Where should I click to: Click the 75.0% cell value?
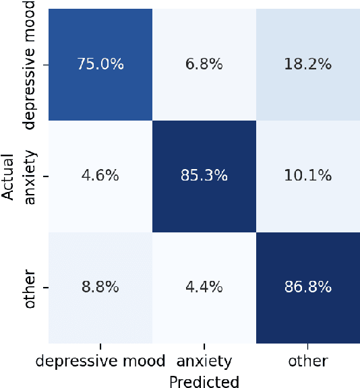point(100,65)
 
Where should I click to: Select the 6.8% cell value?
point(204,65)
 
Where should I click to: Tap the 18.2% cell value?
point(307,65)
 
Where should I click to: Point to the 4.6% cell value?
point(100,176)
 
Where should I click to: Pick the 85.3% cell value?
point(204,176)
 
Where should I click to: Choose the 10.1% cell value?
point(307,176)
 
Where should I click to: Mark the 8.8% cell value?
point(100,287)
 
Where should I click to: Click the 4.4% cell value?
point(204,287)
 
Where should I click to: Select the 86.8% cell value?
point(307,287)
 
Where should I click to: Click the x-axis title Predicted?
point(204,381)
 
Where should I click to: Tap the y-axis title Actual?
point(8,176)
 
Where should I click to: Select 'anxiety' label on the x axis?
point(204,362)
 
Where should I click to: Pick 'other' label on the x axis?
point(307,362)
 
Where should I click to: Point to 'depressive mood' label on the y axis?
point(30,65)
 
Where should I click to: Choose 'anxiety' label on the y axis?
point(30,176)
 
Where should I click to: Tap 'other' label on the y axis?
point(30,287)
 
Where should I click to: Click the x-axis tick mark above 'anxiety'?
point(204,346)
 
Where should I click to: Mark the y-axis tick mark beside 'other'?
point(44,287)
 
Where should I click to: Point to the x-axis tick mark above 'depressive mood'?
point(100,346)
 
